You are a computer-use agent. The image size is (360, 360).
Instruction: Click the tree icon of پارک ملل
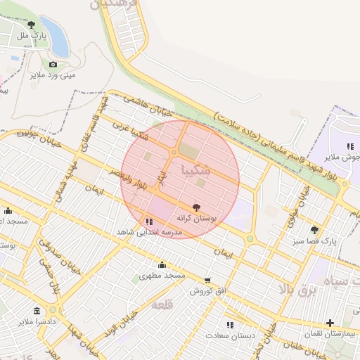31,25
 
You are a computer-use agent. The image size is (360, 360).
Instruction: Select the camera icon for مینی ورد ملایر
53,65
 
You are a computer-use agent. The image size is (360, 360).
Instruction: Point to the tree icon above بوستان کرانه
195,208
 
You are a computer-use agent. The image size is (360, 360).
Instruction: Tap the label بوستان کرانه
197,219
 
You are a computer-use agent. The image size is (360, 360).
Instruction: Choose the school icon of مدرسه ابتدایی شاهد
148,221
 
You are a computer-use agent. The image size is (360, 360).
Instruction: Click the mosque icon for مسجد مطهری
162,264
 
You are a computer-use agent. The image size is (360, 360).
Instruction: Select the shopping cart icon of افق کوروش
207,280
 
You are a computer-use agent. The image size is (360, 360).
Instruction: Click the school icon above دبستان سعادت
230,324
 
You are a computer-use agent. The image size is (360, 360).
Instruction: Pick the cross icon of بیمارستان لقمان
330,323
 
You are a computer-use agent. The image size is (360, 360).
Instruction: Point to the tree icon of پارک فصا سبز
314,230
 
